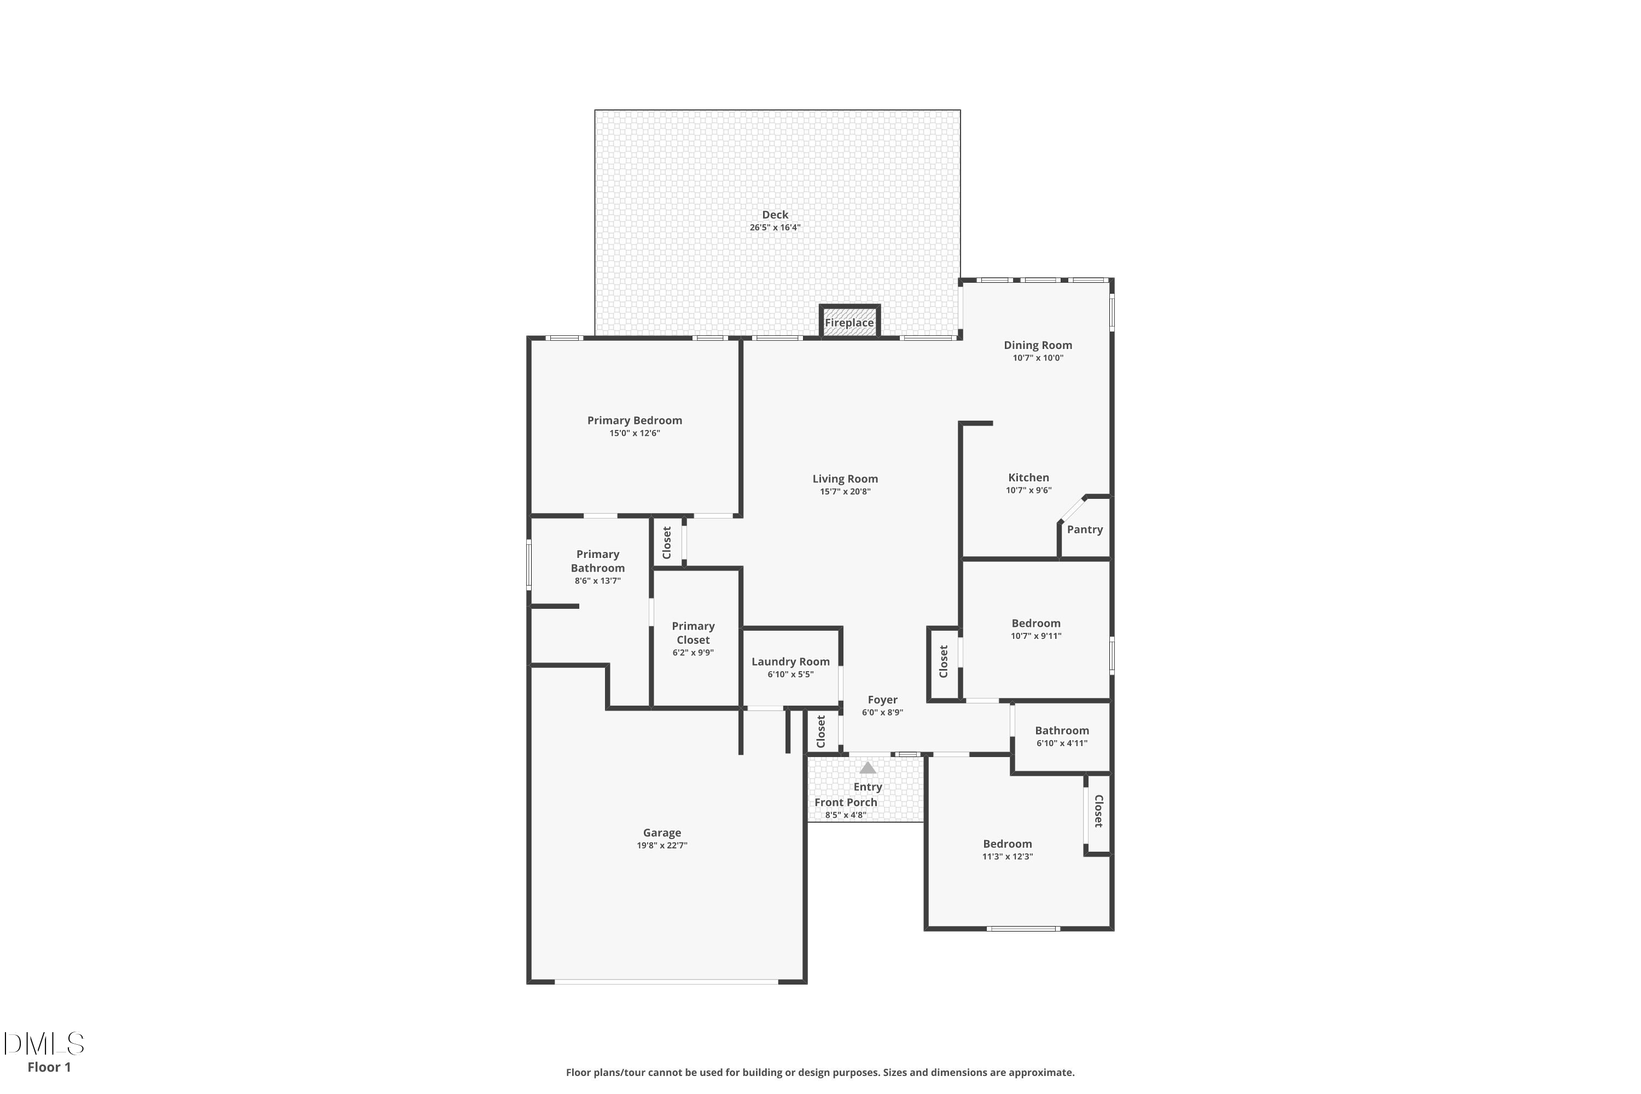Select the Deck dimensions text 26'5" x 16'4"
[x=775, y=228]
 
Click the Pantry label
[x=1085, y=529]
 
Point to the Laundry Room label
[x=790, y=661]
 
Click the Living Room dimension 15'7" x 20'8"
[x=845, y=491]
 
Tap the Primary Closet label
[x=693, y=633]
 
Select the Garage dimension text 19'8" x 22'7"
[x=662, y=845]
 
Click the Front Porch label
[x=846, y=802]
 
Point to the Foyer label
[x=883, y=700]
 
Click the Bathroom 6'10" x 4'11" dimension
[x=1062, y=743]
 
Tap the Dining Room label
[x=1038, y=345]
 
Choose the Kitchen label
[x=1028, y=478]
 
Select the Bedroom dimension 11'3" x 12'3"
[x=1008, y=856]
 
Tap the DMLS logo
[x=43, y=1044]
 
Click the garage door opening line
[x=666, y=982]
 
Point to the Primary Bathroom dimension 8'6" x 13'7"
[x=598, y=580]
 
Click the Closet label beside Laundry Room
[x=821, y=731]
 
